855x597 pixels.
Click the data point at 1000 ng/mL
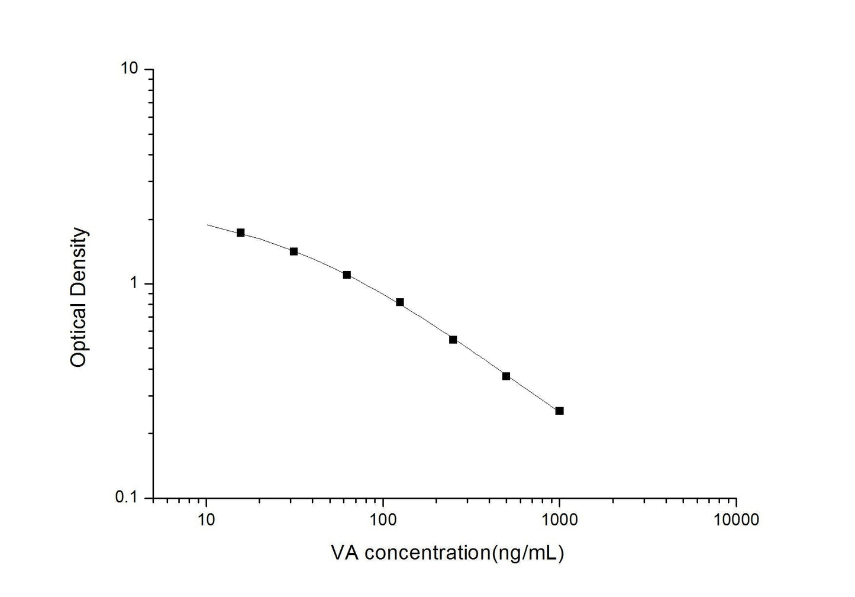pos(559,411)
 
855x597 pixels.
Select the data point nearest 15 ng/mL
pos(240,233)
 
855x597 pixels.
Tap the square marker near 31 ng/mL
pos(293,251)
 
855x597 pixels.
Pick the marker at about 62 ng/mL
pos(347,275)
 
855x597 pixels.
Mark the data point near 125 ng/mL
pos(400,302)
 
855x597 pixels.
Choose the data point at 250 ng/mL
pos(453,340)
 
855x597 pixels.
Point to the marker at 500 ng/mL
pos(506,376)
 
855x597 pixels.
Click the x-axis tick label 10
pos(206,520)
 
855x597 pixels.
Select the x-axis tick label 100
pos(383,520)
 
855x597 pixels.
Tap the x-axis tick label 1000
pos(560,520)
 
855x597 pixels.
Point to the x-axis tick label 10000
pos(737,520)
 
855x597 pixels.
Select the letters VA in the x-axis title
pos(344,553)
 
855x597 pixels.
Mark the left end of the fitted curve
pos(207,225)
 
